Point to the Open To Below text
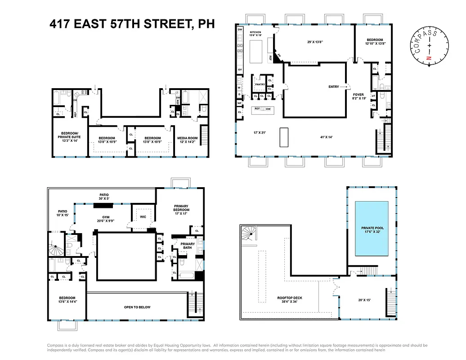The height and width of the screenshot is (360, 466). click(137, 307)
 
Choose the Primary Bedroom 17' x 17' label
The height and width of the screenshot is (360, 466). click(182, 210)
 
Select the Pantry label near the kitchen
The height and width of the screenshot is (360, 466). click(260, 84)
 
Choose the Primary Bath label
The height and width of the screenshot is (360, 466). click(188, 244)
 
